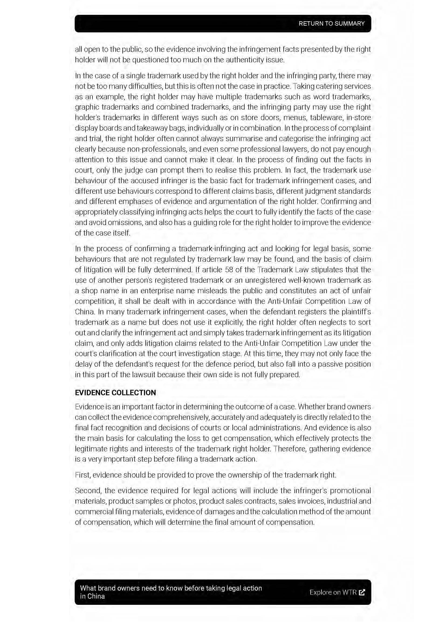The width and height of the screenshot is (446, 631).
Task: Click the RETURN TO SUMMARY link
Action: click(331, 24)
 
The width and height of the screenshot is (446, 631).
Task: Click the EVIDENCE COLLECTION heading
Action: click(115, 393)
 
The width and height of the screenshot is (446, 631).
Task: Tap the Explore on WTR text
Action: click(333, 592)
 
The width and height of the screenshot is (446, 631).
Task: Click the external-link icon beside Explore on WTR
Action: click(362, 592)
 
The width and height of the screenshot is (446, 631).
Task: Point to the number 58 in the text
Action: click(229, 270)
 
